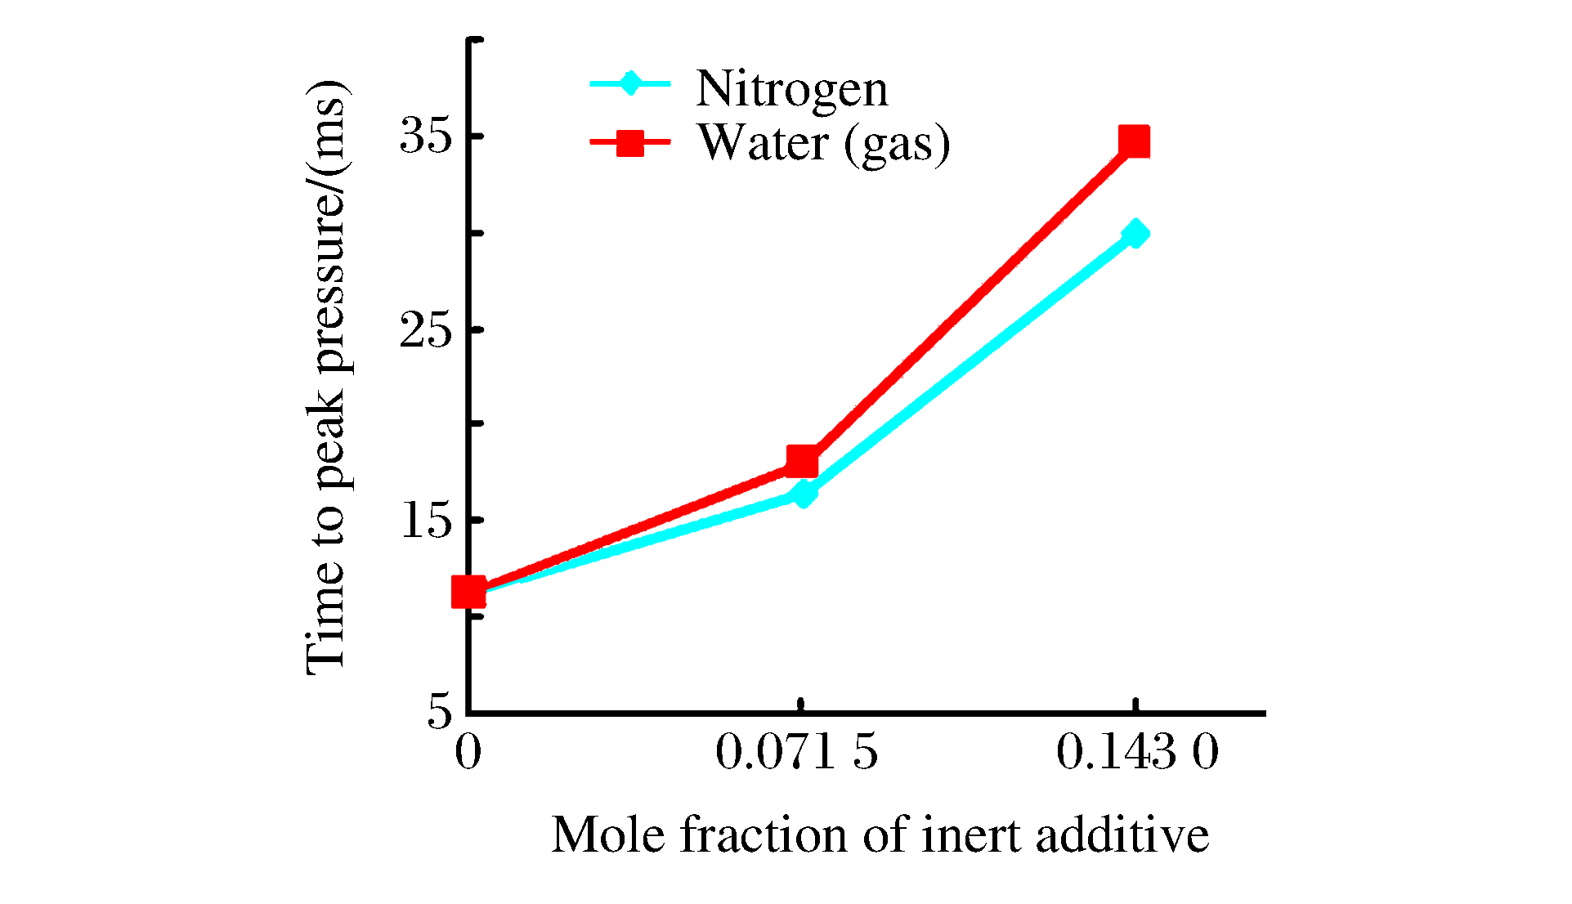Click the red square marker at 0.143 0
click(x=1134, y=141)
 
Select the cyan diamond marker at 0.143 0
click(x=1135, y=234)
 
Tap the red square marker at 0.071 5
click(x=802, y=461)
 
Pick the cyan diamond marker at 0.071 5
click(x=804, y=494)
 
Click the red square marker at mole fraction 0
click(x=468, y=592)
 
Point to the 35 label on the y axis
click(x=425, y=136)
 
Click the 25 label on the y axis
click(x=425, y=329)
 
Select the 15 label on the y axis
click(x=425, y=520)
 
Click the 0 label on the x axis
click(x=468, y=752)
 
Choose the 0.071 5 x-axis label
click(x=796, y=752)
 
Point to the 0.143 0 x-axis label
click(x=1137, y=752)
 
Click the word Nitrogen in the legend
click(x=791, y=88)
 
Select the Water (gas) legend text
click(x=823, y=143)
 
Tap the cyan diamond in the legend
click(x=629, y=83)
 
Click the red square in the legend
click(x=629, y=143)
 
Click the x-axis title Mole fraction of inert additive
click(x=880, y=835)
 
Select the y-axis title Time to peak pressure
click(x=327, y=378)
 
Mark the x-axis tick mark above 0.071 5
click(x=801, y=705)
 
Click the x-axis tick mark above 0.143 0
click(x=1135, y=705)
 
